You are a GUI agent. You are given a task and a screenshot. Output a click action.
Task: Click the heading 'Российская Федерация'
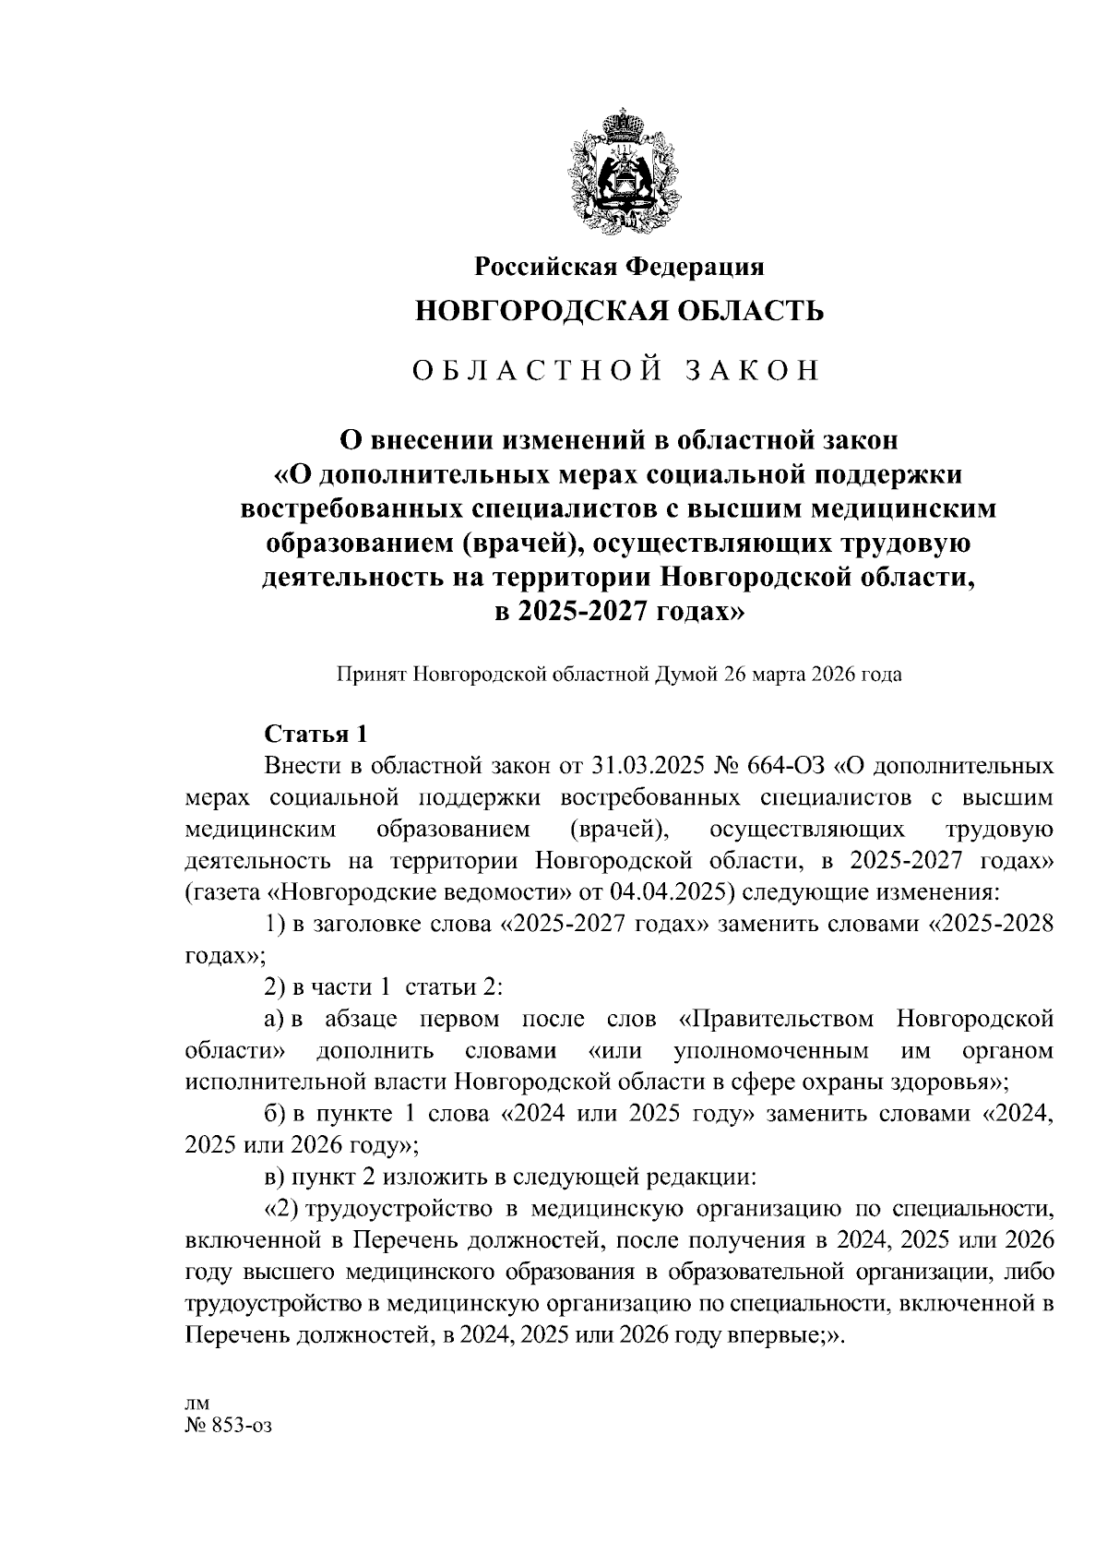pyautogui.click(x=619, y=267)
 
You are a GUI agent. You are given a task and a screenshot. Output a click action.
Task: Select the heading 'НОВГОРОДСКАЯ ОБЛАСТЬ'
pyautogui.click(x=619, y=311)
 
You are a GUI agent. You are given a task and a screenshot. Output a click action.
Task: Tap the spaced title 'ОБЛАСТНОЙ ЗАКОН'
pyautogui.click(x=616, y=370)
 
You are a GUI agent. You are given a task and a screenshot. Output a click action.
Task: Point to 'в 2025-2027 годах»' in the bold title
pyautogui.click(x=619, y=611)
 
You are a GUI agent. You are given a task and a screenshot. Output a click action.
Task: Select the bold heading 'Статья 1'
pyautogui.click(x=315, y=734)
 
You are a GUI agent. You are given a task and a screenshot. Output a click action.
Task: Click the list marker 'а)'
pyautogui.click(x=274, y=1020)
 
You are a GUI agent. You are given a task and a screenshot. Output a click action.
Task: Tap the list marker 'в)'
pyautogui.click(x=274, y=1177)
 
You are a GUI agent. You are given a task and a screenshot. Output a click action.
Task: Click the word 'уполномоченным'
pyautogui.click(x=771, y=1051)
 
